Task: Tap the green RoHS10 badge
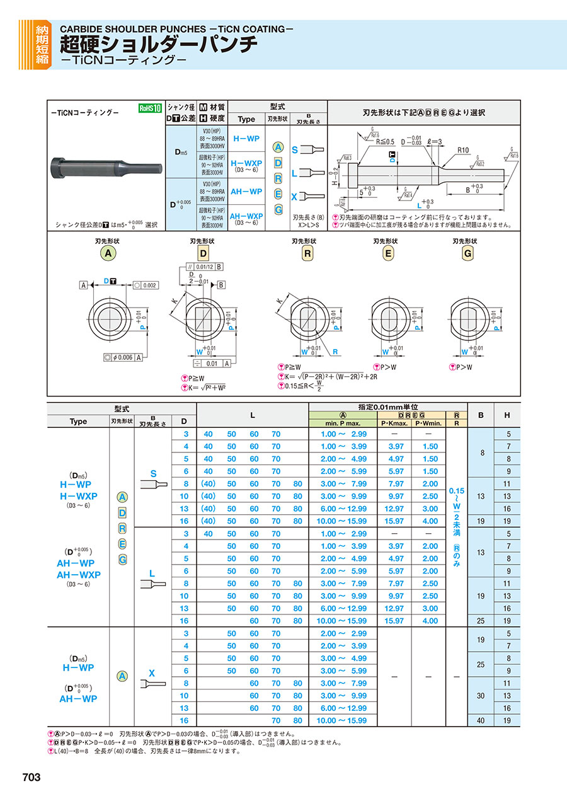tap(151, 108)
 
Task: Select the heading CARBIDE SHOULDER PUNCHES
tap(132, 29)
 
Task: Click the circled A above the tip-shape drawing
tap(109, 253)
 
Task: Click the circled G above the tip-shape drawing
tap(467, 253)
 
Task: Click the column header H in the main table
tap(507, 415)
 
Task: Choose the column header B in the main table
tap(481, 415)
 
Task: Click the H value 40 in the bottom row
tap(481, 720)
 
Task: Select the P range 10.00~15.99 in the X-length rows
tap(343, 720)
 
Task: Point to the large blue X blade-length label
tap(152, 672)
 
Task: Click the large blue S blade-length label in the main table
tap(152, 473)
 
